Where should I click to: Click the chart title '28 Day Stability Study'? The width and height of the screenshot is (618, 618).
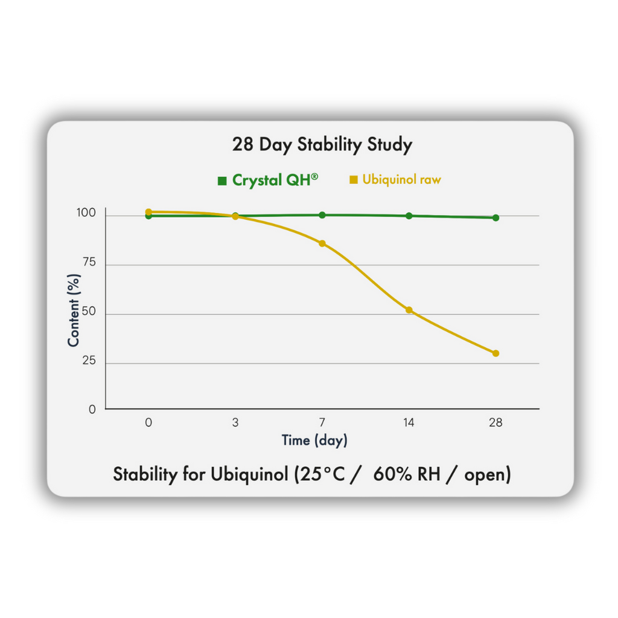[x=322, y=145]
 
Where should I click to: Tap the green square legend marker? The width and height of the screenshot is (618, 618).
[x=222, y=180]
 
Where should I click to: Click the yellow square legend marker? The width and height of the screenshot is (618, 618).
[x=354, y=180]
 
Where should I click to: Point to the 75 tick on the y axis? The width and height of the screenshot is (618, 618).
[x=89, y=264]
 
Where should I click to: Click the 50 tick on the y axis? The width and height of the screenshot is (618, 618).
[x=89, y=313]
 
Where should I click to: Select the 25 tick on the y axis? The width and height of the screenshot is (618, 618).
[x=89, y=362]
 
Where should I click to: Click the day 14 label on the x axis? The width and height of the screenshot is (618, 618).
[x=409, y=422]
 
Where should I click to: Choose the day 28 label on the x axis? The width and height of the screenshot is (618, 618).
[x=495, y=422]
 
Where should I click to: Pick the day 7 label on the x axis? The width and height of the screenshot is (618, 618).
[x=322, y=422]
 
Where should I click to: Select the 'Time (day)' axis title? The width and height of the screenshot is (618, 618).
[x=314, y=441]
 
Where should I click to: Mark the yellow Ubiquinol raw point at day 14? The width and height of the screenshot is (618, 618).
[x=409, y=310]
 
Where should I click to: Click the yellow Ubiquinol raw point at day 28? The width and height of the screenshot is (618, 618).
[x=495, y=354]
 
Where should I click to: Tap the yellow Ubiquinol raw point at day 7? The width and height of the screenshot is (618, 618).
[x=322, y=243]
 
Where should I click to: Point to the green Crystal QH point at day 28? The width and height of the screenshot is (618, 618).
[x=495, y=218]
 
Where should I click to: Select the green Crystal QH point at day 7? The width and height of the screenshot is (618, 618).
[x=322, y=215]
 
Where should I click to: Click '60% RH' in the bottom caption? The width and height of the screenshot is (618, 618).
[x=405, y=475]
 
